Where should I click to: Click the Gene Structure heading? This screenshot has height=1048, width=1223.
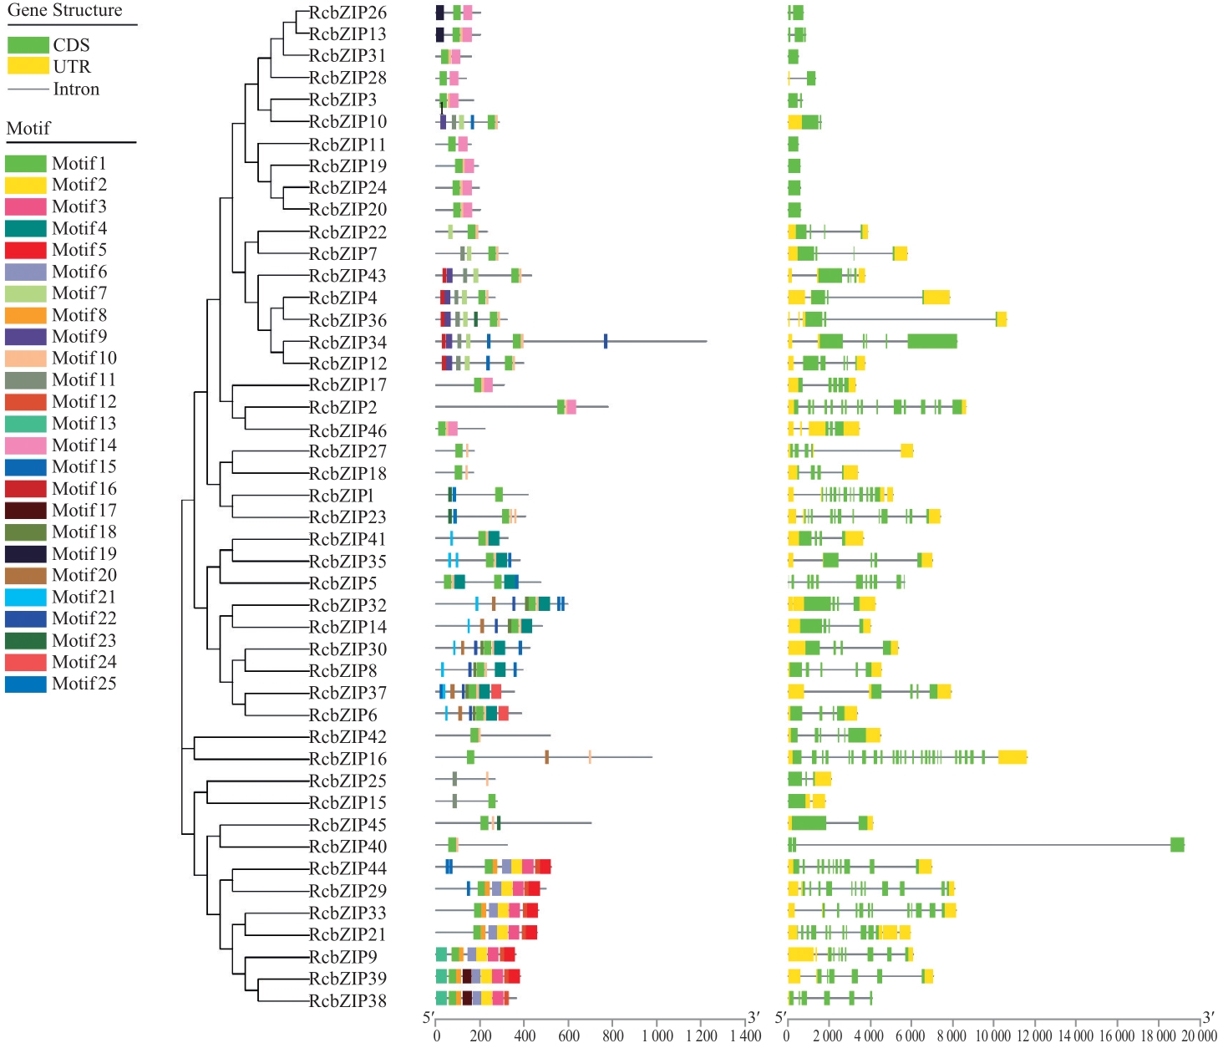pyautogui.click(x=64, y=11)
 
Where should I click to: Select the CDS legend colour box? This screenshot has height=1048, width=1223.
pyautogui.click(x=28, y=44)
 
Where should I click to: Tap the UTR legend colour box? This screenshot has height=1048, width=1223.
pyautogui.click(x=28, y=66)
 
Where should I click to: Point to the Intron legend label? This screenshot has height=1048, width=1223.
pyautogui.click(x=76, y=89)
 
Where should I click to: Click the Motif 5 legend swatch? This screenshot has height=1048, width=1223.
pyautogui.click(x=25, y=250)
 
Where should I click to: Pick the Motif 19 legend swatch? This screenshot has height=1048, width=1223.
pyautogui.click(x=25, y=554)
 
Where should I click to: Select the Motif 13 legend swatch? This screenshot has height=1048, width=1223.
pyautogui.click(x=25, y=424)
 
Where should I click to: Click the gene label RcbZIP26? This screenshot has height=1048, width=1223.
pyautogui.click(x=348, y=13)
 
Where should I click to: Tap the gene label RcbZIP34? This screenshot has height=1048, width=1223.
pyautogui.click(x=348, y=342)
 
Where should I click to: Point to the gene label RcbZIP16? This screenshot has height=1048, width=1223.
pyautogui.click(x=348, y=759)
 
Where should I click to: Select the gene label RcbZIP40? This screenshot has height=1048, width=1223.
pyautogui.click(x=348, y=847)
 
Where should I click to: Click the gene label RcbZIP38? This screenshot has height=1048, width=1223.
pyautogui.click(x=348, y=1000)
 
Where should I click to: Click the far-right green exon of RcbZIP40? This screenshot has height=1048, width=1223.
pyautogui.click(x=1177, y=845)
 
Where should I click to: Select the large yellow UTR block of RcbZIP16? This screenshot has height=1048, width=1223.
pyautogui.click(x=1012, y=757)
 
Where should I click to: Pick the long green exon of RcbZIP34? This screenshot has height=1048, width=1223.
pyautogui.click(x=931, y=341)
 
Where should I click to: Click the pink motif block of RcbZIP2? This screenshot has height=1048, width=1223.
pyautogui.click(x=571, y=407)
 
